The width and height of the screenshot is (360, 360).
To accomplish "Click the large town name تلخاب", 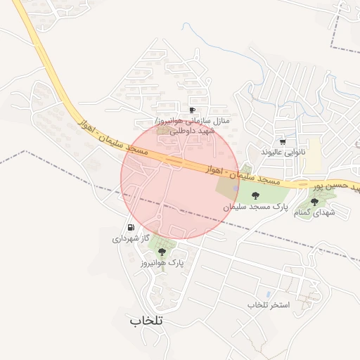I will coord(146,320).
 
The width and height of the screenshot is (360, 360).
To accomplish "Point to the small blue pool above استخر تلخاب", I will coord(268,294).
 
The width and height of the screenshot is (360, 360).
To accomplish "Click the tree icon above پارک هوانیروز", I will coord(162,251).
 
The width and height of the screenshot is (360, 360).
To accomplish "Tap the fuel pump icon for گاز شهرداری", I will coord(131,227).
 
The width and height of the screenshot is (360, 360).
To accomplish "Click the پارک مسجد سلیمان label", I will coord(256,207).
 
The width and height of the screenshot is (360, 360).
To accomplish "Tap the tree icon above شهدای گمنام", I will coord(314,201).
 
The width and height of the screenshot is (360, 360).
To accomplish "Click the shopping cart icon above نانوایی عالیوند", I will coord(283,141).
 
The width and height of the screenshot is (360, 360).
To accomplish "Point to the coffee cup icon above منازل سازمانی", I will coord(192,110).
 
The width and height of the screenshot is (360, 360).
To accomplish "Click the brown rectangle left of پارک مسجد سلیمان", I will coord(226,187).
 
